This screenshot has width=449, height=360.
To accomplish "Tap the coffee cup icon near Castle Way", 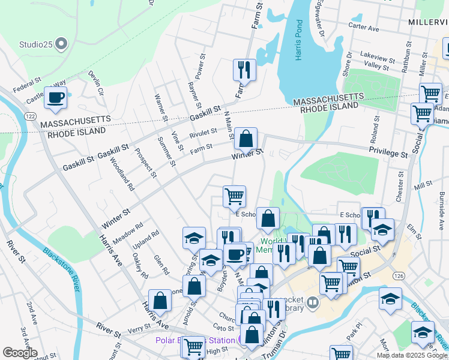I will pos(56,98).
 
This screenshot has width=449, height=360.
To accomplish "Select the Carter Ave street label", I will pos(364,28).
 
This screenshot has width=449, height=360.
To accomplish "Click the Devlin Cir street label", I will pos(96,83).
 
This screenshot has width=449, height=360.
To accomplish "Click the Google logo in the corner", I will pos(19,353).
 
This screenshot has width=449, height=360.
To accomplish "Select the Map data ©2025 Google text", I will pos(411,355).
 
